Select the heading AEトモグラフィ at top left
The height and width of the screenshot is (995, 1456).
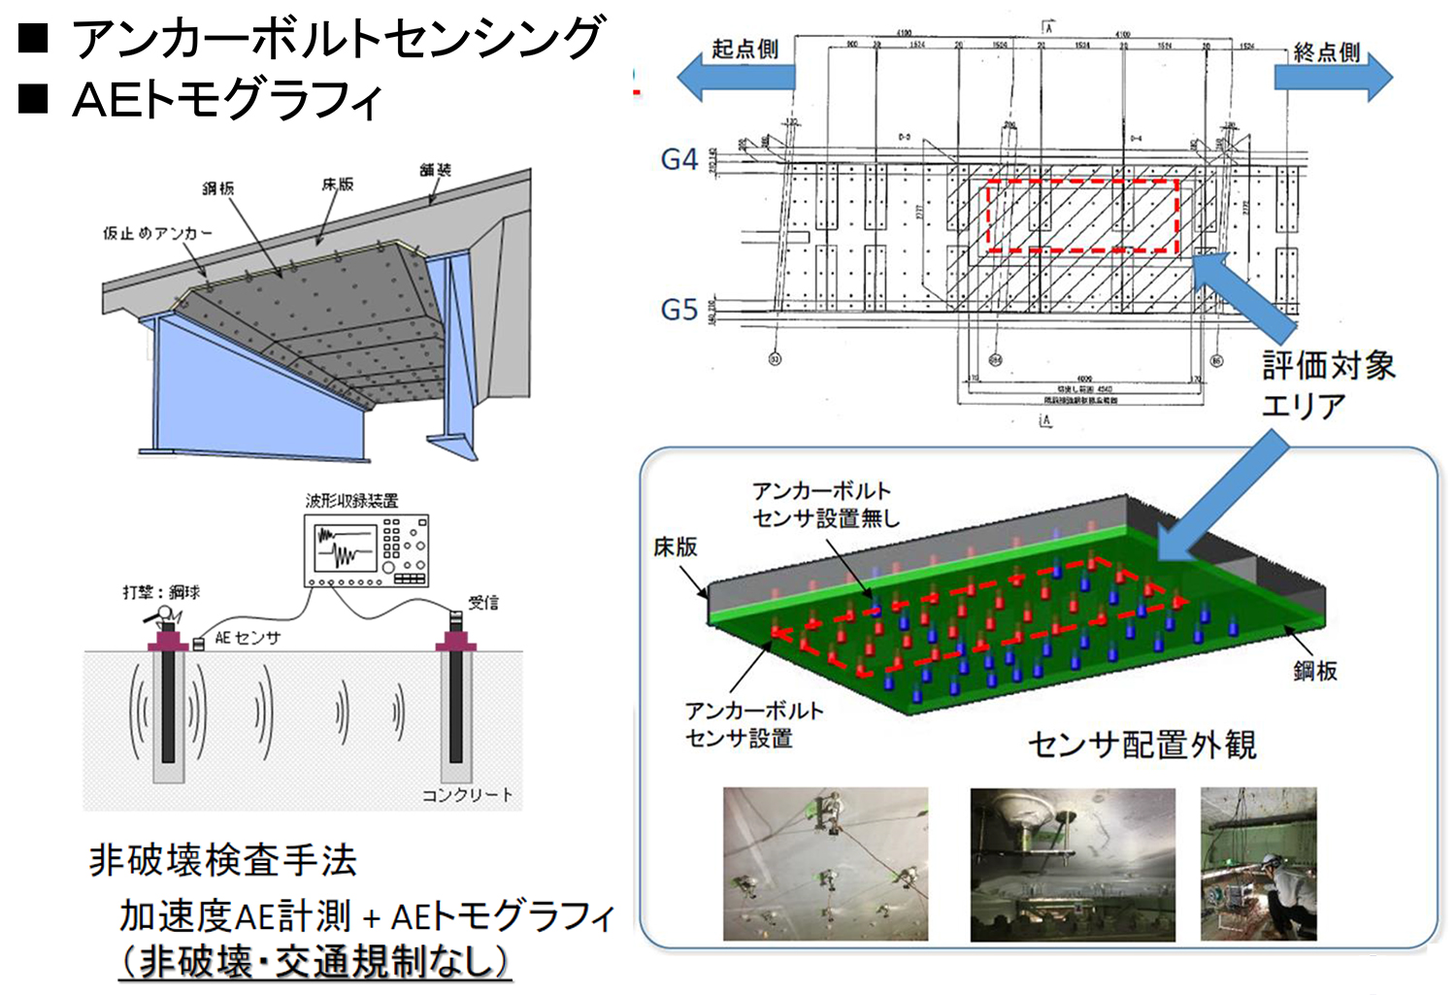227,99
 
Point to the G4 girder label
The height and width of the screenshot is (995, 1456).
678,159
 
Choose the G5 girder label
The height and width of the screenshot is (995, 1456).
678,310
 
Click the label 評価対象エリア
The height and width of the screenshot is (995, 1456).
1327,384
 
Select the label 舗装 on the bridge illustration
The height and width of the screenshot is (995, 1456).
436,170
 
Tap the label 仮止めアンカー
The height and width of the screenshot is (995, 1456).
157,233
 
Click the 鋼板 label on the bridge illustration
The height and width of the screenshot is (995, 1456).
217,187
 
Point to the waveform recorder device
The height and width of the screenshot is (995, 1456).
367,550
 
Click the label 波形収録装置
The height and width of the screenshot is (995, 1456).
351,501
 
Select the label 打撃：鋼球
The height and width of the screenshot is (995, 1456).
161,591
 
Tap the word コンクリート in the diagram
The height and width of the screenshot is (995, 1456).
467,795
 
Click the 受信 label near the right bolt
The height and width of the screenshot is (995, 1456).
482,602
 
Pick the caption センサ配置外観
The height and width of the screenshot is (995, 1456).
1142,745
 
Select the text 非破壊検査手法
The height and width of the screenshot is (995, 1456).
223,860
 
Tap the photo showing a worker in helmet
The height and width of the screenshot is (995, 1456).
1258,863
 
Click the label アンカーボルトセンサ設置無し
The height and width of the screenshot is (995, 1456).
825,505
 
